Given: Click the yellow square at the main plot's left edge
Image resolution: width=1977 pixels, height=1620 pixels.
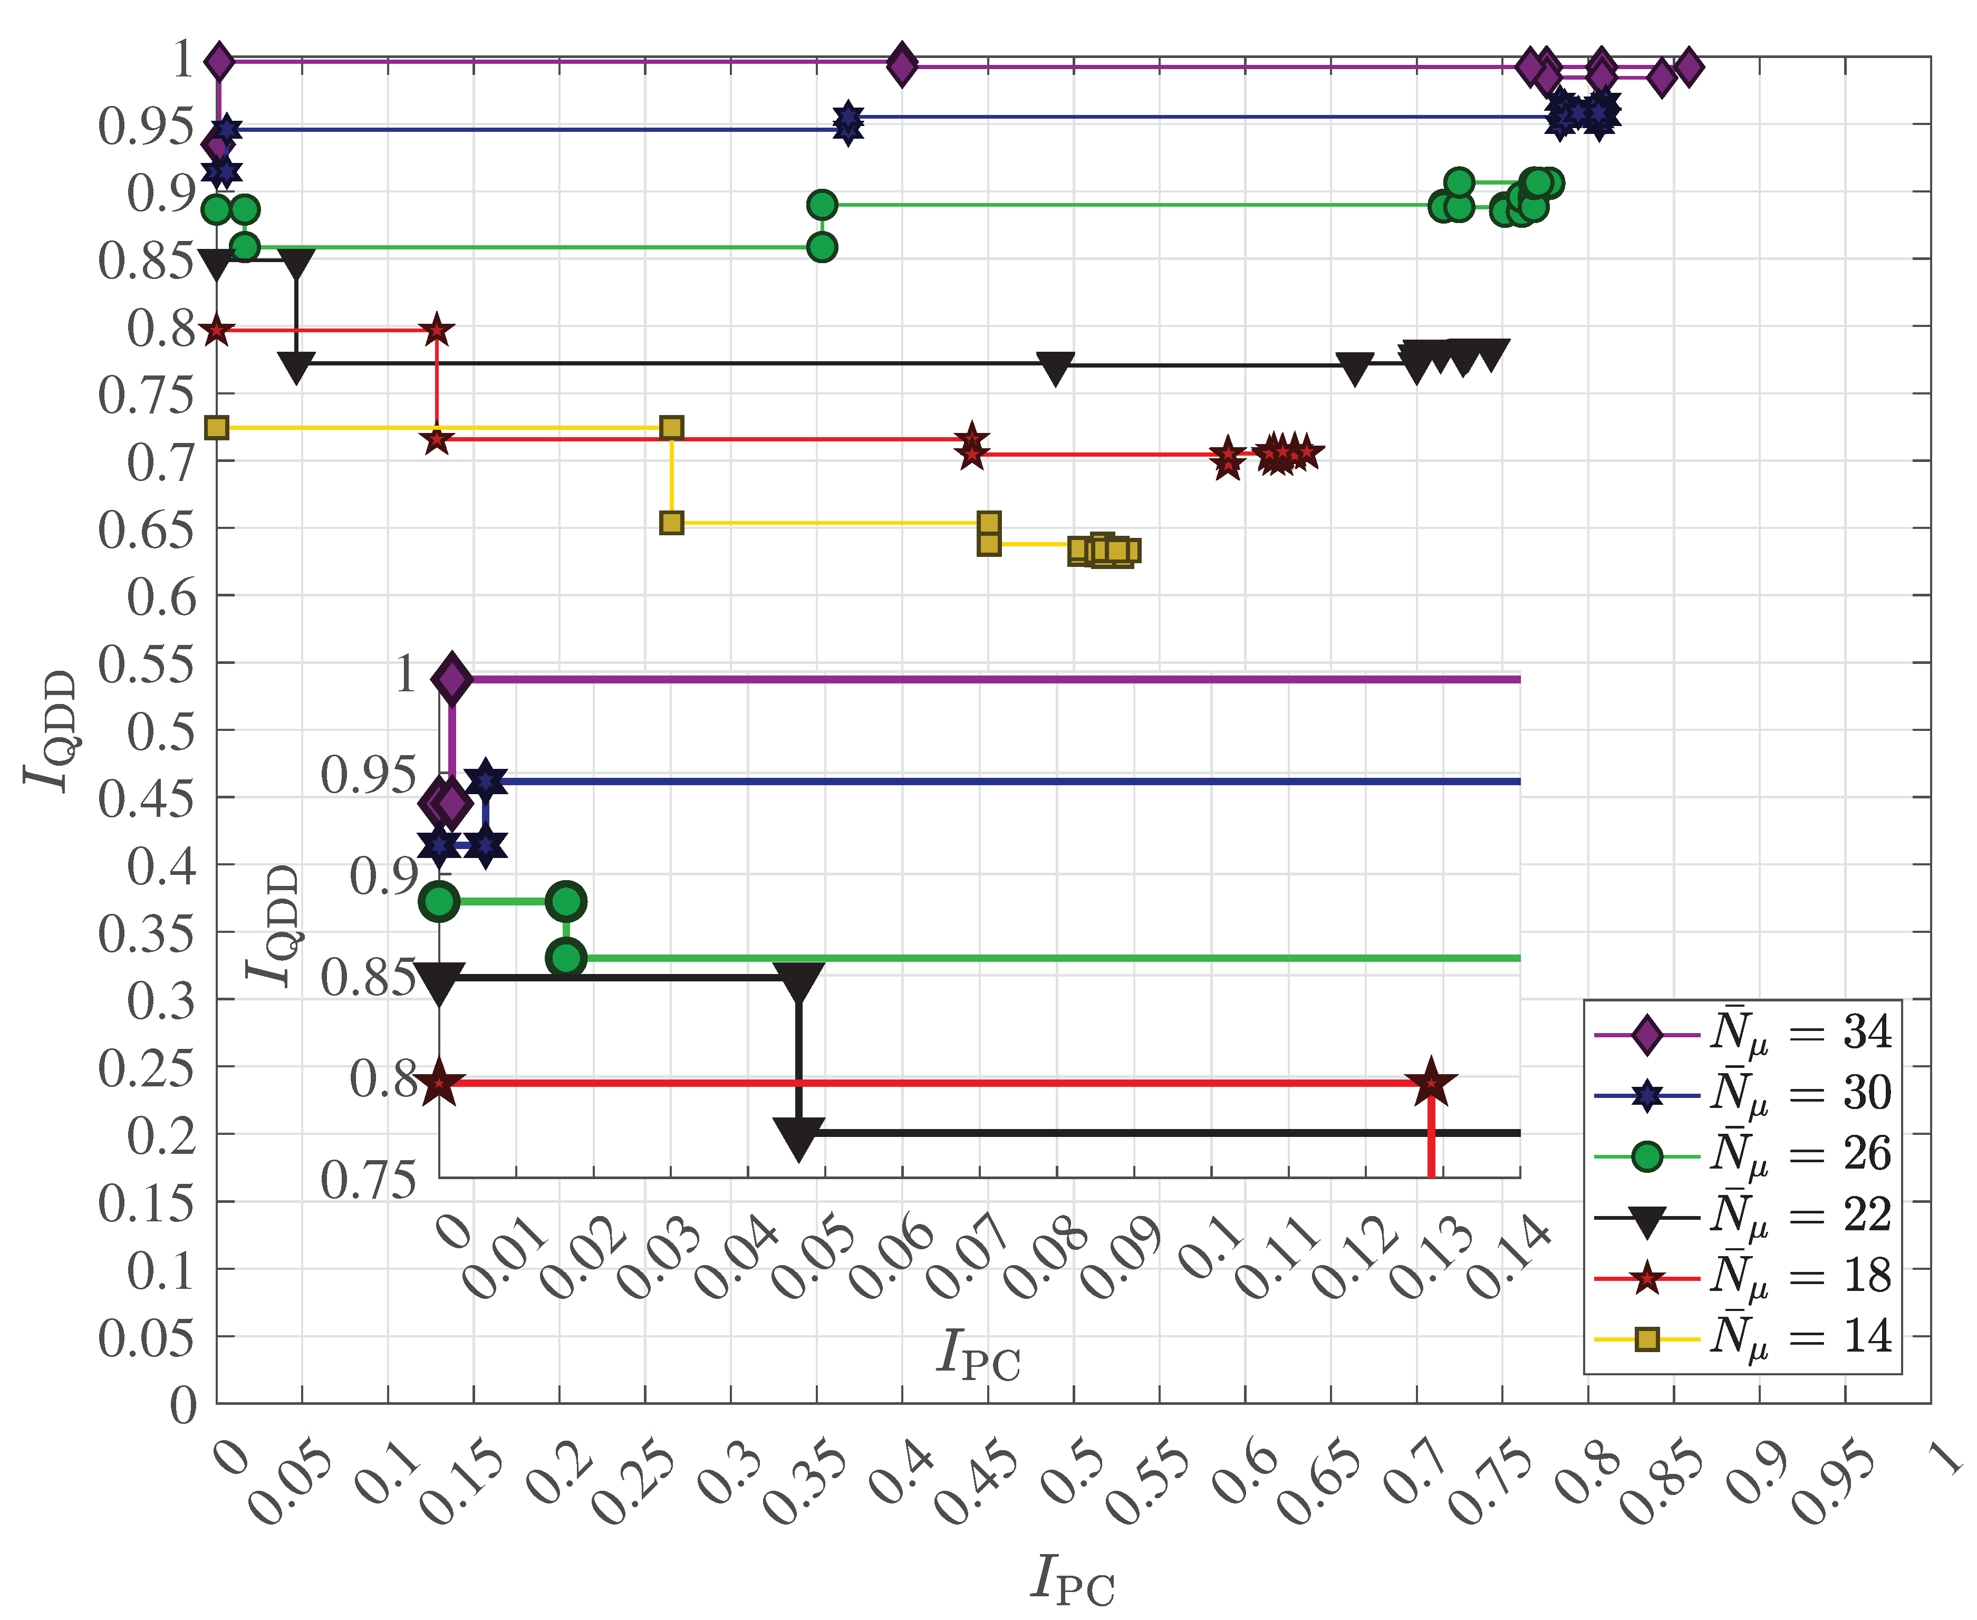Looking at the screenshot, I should click(x=216, y=427).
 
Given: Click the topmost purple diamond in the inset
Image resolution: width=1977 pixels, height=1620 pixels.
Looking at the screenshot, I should click(x=451, y=678).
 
